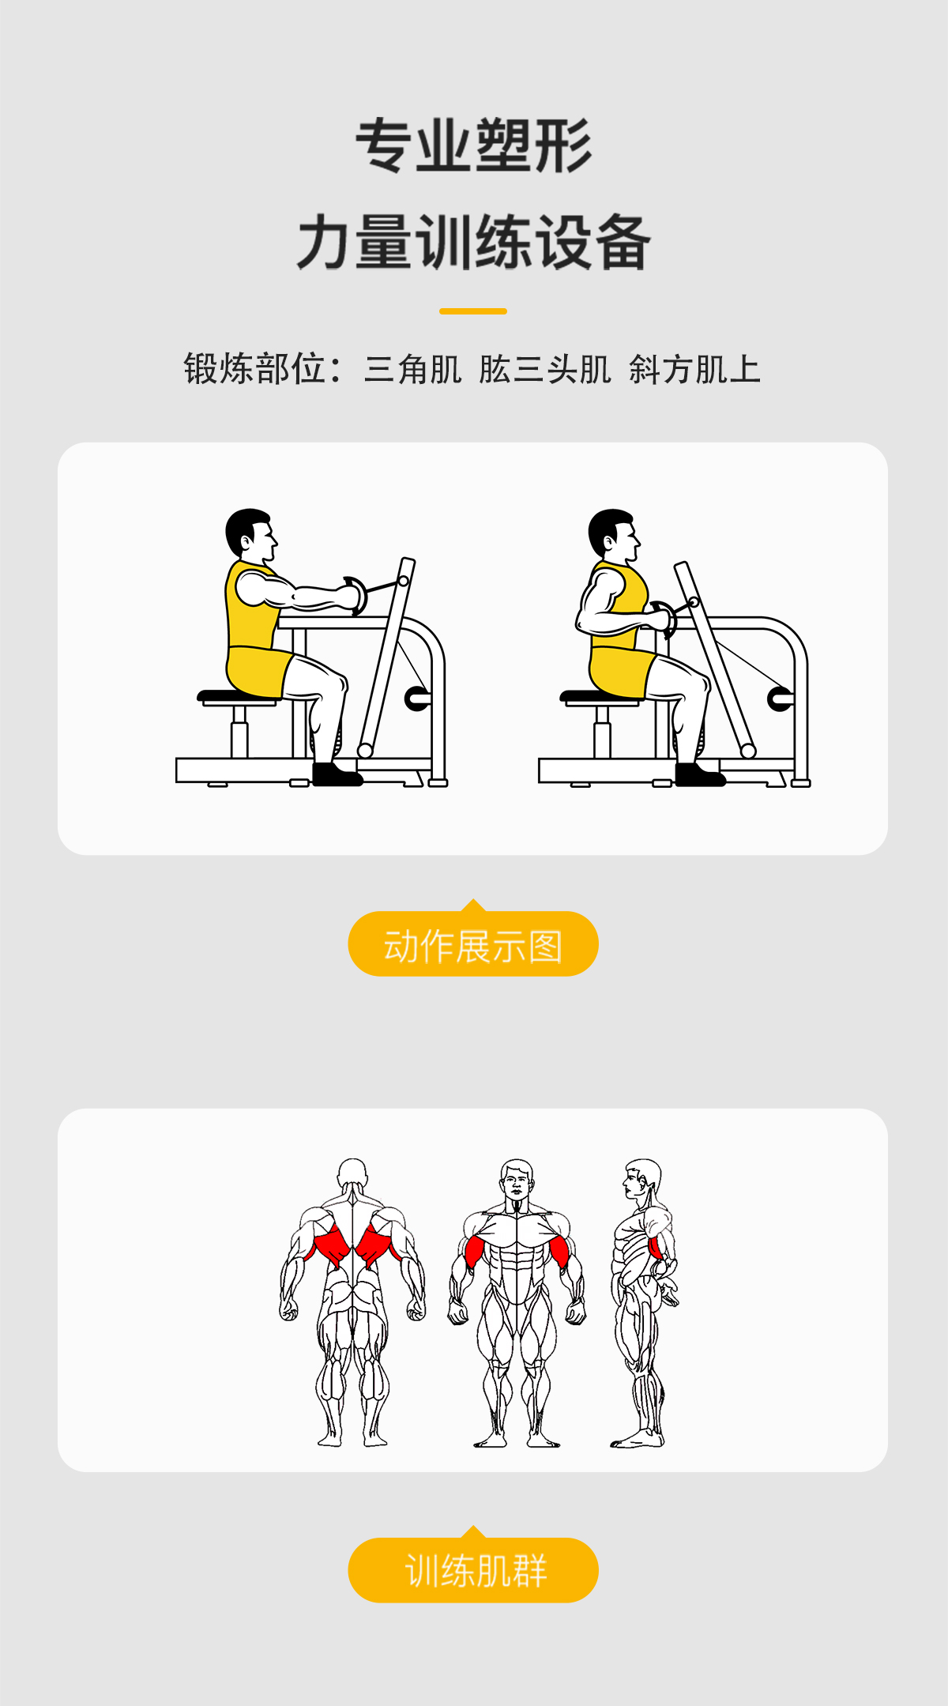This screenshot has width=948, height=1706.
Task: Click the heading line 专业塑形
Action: tap(473, 146)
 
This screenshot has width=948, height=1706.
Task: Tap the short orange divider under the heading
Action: tap(472, 311)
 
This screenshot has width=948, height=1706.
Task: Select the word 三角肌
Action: tap(412, 369)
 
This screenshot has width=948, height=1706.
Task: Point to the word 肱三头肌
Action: tap(545, 369)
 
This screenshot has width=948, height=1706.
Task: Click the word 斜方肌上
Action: tap(694, 369)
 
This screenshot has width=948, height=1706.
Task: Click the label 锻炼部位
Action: tap(254, 369)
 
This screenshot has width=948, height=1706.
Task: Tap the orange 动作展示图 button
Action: tap(473, 943)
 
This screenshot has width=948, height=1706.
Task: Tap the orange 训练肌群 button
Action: tap(473, 1570)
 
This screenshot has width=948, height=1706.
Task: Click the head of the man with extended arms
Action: tap(251, 533)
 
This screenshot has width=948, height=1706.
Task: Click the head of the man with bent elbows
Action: tap(614, 534)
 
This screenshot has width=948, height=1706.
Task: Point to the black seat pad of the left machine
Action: tap(237, 696)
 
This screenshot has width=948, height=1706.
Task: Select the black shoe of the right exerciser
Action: tap(700, 774)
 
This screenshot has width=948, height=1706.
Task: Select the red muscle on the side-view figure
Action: tap(656, 1248)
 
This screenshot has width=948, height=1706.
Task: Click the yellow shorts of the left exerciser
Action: tap(258, 670)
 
